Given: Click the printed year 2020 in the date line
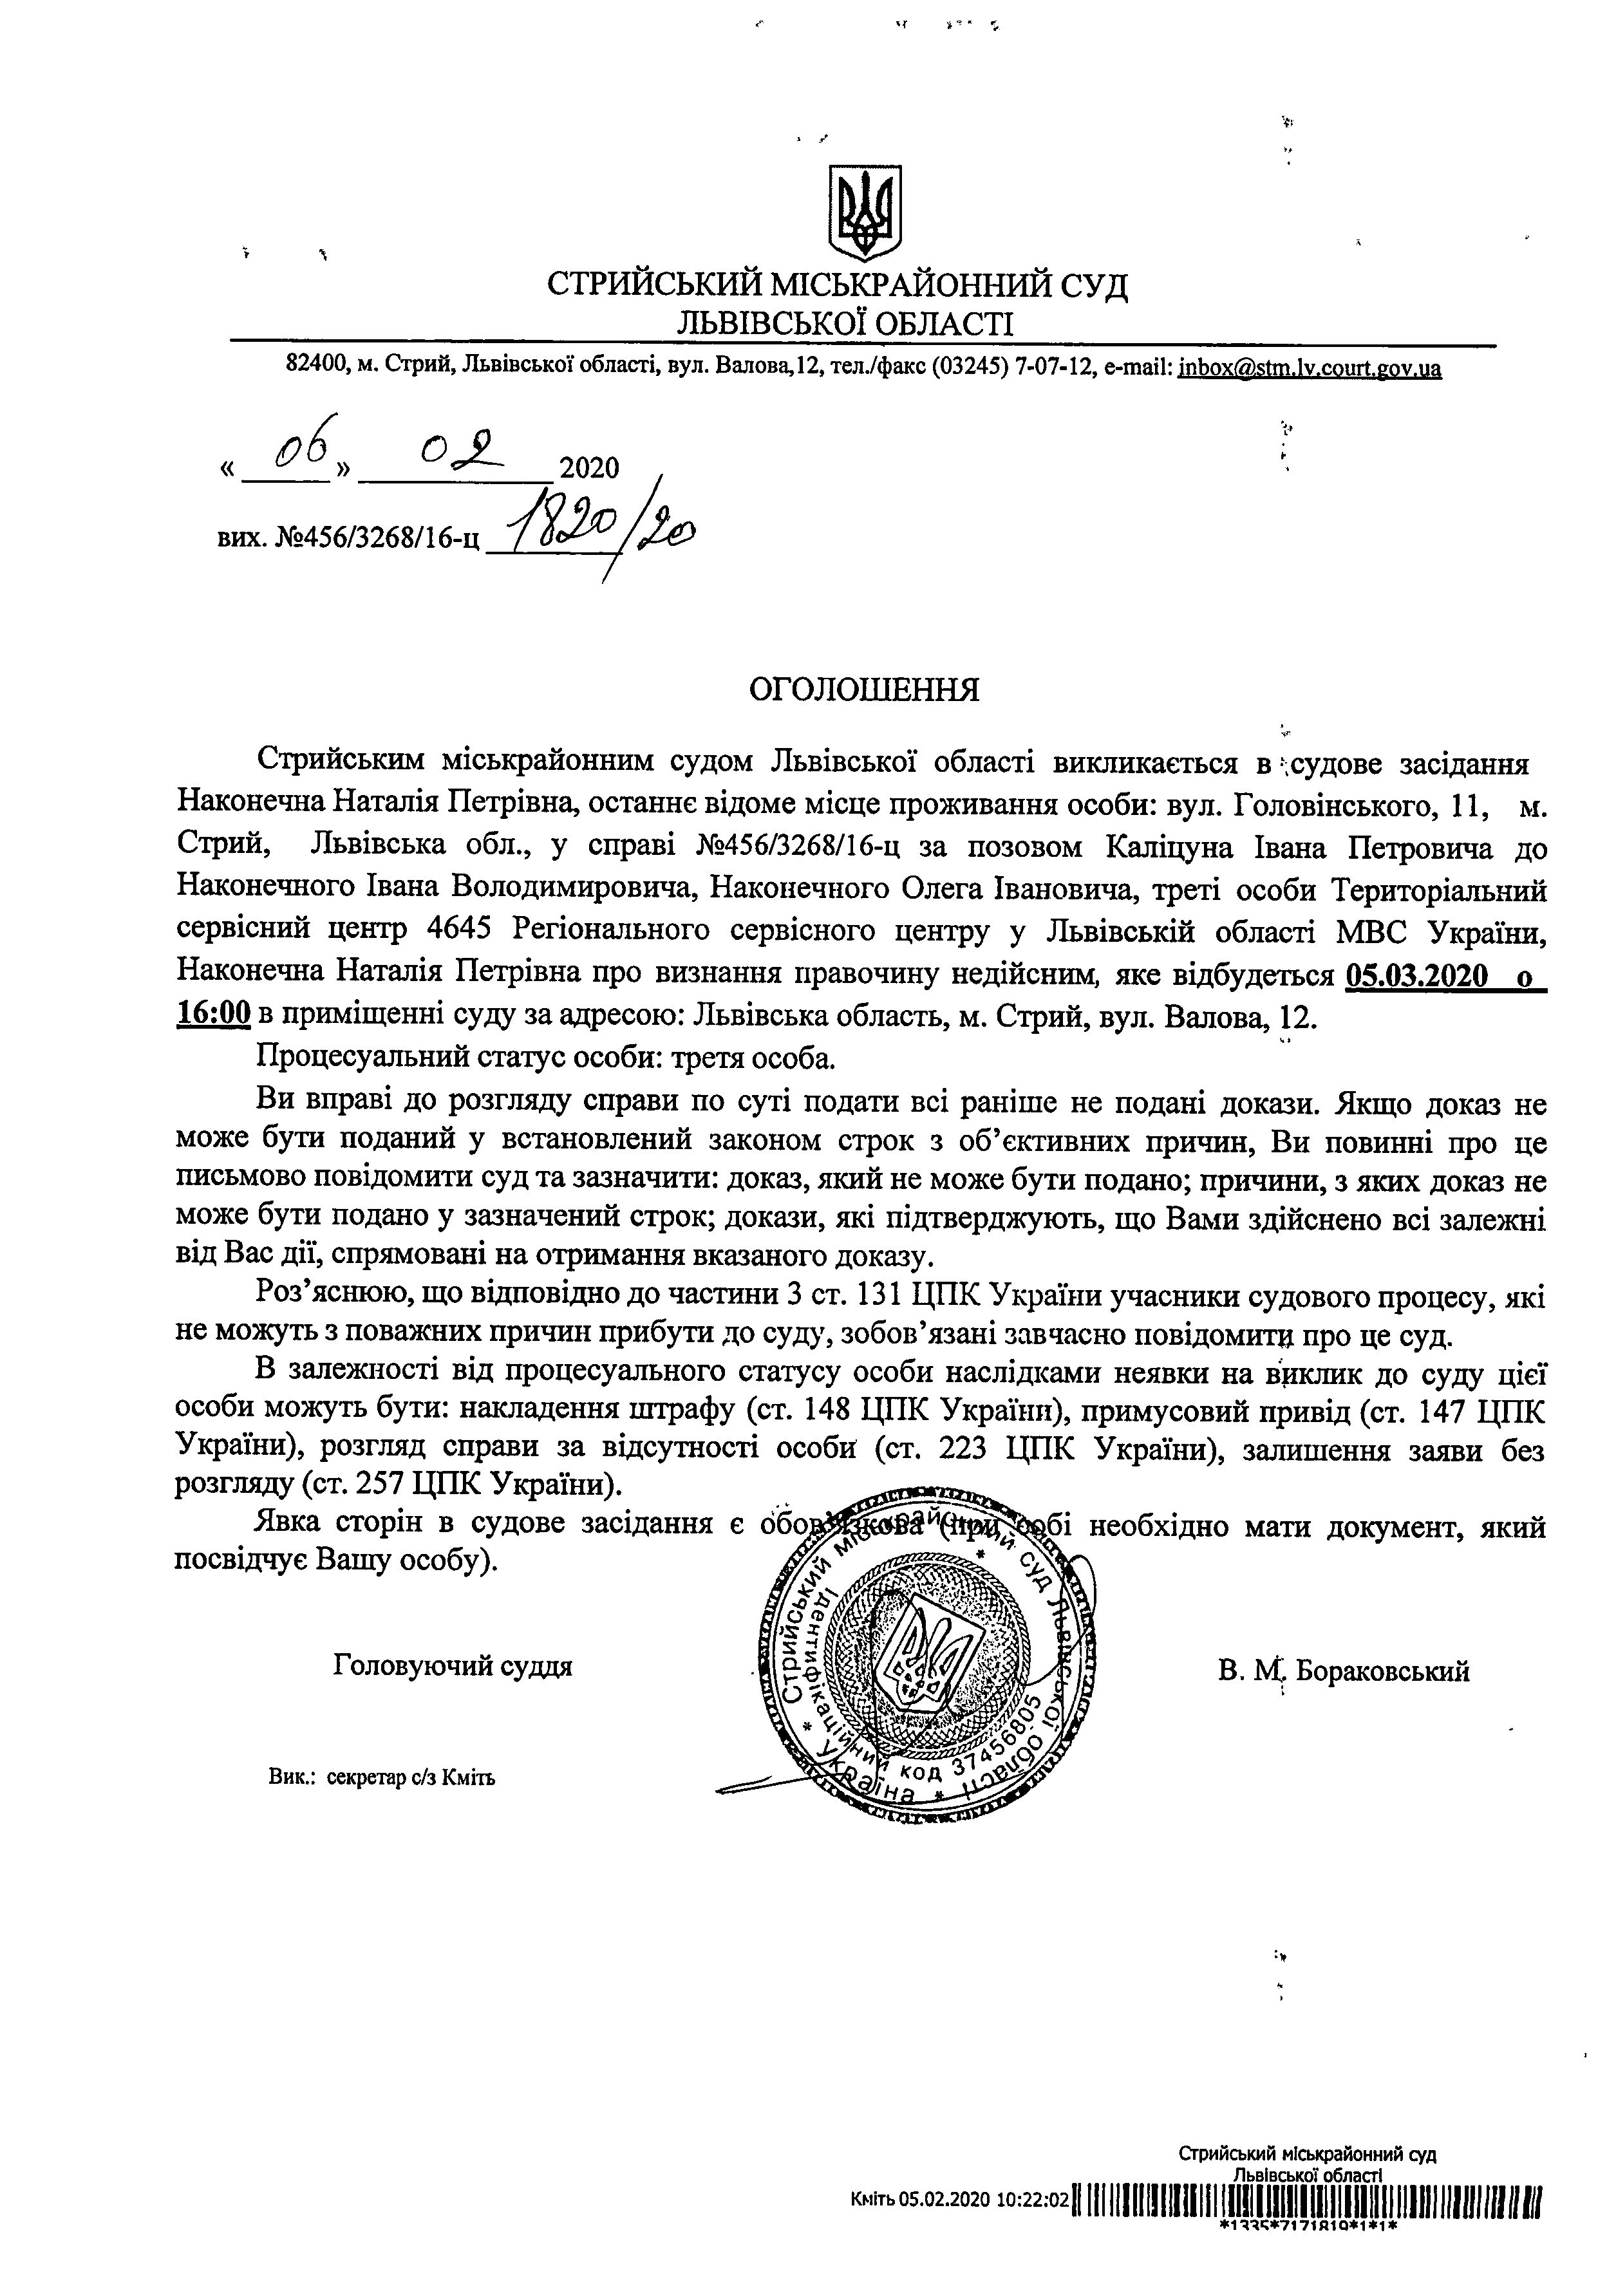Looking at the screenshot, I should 588,468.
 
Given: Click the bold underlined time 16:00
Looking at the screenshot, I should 212,1016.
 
